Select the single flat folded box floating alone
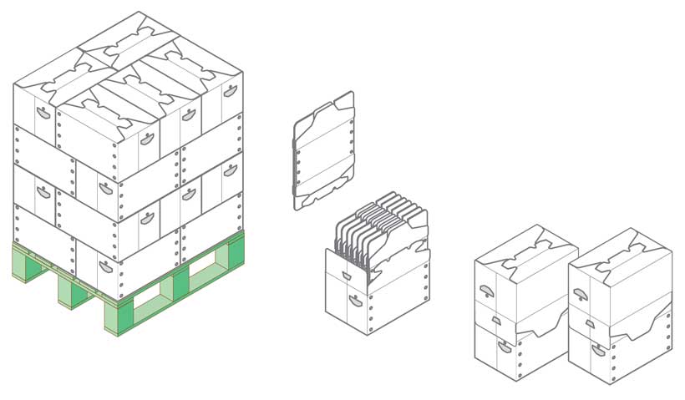point(324,150)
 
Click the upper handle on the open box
point(347,275)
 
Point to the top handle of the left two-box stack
point(485,290)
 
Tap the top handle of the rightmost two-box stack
point(579,293)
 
